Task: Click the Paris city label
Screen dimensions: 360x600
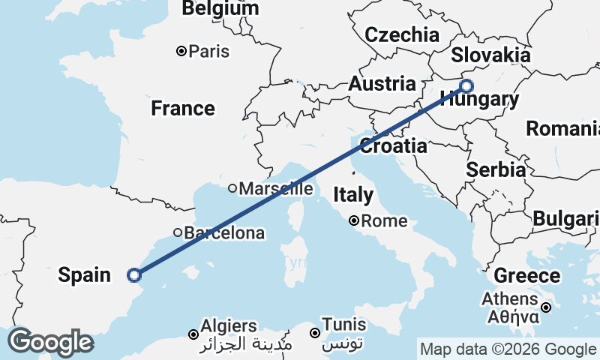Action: (209, 52)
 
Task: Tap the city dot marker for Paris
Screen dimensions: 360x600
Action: (181, 51)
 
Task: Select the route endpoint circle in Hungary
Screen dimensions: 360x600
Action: (466, 85)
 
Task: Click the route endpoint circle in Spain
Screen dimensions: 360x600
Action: (134, 275)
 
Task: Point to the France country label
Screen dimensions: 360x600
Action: (183, 109)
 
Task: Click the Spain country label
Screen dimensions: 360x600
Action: (85, 275)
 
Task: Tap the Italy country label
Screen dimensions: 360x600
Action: (353, 195)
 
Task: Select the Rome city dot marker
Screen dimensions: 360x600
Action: (353, 221)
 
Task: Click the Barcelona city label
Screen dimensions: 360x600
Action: (224, 233)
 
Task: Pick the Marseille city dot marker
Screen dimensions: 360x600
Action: (232, 188)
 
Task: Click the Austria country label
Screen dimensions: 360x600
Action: (382, 84)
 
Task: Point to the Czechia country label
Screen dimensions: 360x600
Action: (402, 34)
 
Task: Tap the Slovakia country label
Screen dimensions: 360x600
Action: (490, 55)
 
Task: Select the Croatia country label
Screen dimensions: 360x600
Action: (393, 145)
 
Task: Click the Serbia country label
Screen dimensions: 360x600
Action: (496, 169)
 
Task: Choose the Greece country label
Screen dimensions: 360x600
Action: (527, 275)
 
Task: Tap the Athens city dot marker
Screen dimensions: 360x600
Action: (547, 307)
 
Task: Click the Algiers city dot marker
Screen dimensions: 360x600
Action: (193, 334)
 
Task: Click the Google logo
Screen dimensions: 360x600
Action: (49, 342)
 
